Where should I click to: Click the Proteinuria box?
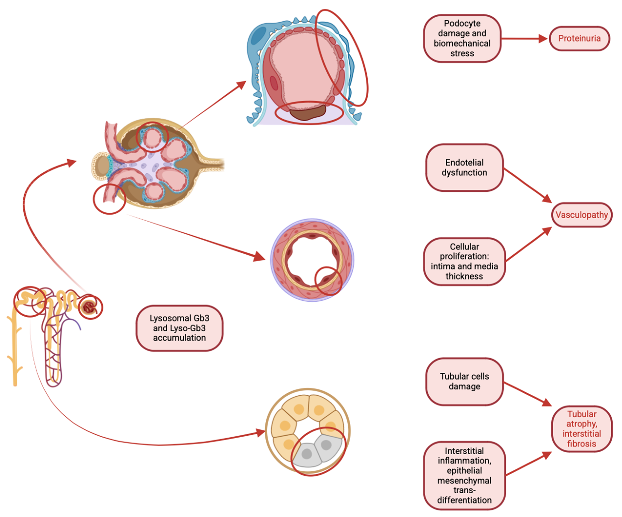click(579, 39)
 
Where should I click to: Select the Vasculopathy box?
click(582, 215)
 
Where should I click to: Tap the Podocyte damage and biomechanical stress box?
click(462, 39)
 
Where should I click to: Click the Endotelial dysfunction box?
click(464, 168)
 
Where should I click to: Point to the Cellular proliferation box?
click(464, 261)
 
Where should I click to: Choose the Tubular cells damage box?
click(464, 381)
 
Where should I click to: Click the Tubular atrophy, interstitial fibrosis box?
click(582, 429)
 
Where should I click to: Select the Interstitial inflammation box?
click(464, 476)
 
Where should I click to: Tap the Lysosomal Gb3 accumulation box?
click(180, 328)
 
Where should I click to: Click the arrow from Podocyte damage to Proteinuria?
click(524, 39)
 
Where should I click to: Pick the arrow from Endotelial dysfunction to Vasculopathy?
click(527, 185)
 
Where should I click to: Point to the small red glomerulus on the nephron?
click(90, 307)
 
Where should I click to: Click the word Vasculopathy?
click(582, 215)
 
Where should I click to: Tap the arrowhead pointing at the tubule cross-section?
click(261, 433)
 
